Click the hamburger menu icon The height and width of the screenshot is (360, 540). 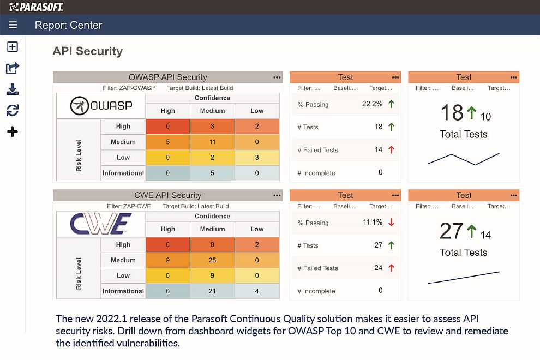(x=13, y=25)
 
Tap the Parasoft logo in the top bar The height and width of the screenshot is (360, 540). (x=36, y=7)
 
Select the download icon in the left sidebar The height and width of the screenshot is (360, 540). (x=13, y=89)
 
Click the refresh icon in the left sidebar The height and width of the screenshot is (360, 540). (x=13, y=111)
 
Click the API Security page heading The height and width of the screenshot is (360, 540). (x=87, y=51)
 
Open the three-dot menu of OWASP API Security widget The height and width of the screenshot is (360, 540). (x=277, y=77)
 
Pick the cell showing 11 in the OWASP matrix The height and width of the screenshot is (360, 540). (x=212, y=142)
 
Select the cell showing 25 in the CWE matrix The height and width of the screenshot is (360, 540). (x=212, y=260)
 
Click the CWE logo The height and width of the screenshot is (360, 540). (x=101, y=224)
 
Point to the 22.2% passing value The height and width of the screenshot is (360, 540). (x=372, y=104)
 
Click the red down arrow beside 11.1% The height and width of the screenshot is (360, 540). (x=391, y=223)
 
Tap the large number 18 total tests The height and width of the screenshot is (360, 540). (x=452, y=113)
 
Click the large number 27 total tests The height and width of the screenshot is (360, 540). (x=452, y=231)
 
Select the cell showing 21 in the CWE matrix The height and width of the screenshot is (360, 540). (x=212, y=291)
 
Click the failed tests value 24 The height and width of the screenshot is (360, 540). (x=378, y=268)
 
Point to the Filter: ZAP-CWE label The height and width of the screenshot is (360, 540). (x=130, y=206)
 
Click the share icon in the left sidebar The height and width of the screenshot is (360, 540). (x=13, y=68)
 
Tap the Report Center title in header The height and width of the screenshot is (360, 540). (x=68, y=25)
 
